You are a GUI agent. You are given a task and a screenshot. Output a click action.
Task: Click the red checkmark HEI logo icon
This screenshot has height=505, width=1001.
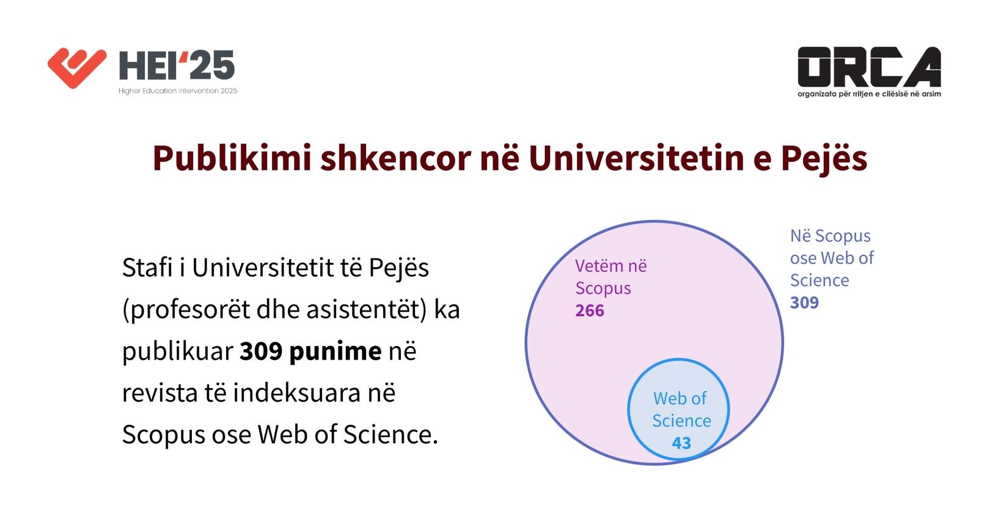[x=77, y=68]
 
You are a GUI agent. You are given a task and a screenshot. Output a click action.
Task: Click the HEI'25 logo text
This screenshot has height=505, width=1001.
[x=177, y=65]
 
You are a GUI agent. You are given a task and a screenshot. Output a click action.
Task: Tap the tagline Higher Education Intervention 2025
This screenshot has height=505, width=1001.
[x=178, y=91]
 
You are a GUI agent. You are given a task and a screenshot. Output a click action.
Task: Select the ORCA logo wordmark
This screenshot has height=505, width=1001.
[x=869, y=67]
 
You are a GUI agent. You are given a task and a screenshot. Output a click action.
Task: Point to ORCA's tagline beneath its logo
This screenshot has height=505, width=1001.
[x=869, y=94]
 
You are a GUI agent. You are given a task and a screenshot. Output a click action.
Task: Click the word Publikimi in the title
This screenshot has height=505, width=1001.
[x=232, y=158]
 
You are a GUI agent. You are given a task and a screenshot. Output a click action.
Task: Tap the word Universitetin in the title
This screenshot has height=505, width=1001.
[x=637, y=158]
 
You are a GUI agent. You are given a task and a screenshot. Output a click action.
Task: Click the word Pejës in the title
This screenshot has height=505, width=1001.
[x=824, y=158]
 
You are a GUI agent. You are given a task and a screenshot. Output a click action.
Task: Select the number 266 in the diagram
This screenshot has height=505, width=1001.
[x=590, y=311]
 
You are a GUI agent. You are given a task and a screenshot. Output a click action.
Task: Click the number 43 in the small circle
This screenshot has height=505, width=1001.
[x=681, y=443]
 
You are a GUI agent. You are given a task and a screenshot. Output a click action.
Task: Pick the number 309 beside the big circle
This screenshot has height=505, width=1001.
[x=804, y=303]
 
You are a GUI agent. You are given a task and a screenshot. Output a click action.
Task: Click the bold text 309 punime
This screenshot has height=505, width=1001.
[x=310, y=352]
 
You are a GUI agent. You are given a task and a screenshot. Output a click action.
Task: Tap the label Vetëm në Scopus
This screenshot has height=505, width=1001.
[x=611, y=277]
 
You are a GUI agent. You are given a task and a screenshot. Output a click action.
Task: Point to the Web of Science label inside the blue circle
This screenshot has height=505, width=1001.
[x=681, y=410]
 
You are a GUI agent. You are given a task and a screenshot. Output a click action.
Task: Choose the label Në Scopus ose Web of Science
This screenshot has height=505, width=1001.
[x=832, y=258]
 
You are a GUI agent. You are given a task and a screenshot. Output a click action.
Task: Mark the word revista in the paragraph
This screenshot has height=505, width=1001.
[x=160, y=393]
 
